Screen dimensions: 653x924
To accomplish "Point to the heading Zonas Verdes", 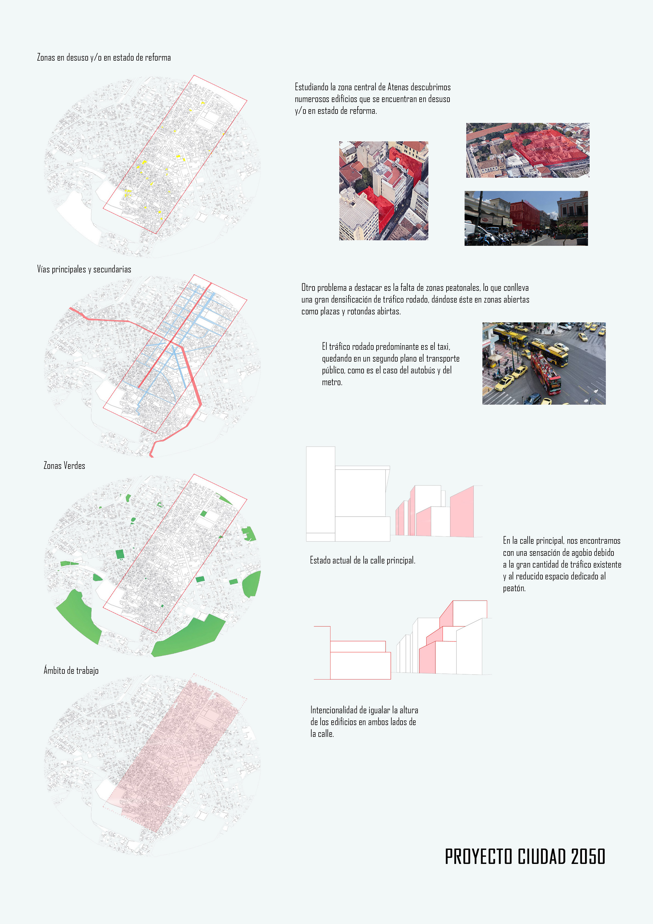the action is pyautogui.click(x=64, y=466).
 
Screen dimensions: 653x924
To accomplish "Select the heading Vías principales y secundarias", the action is pyautogui.click(x=84, y=269).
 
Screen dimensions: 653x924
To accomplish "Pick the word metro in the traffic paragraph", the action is pyautogui.click(x=332, y=382).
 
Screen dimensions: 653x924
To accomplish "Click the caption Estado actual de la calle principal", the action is pyautogui.click(x=363, y=560).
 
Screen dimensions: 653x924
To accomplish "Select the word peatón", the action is pyautogui.click(x=514, y=588).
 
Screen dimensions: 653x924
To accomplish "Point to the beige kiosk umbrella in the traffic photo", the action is pyautogui.click(x=496, y=357).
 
